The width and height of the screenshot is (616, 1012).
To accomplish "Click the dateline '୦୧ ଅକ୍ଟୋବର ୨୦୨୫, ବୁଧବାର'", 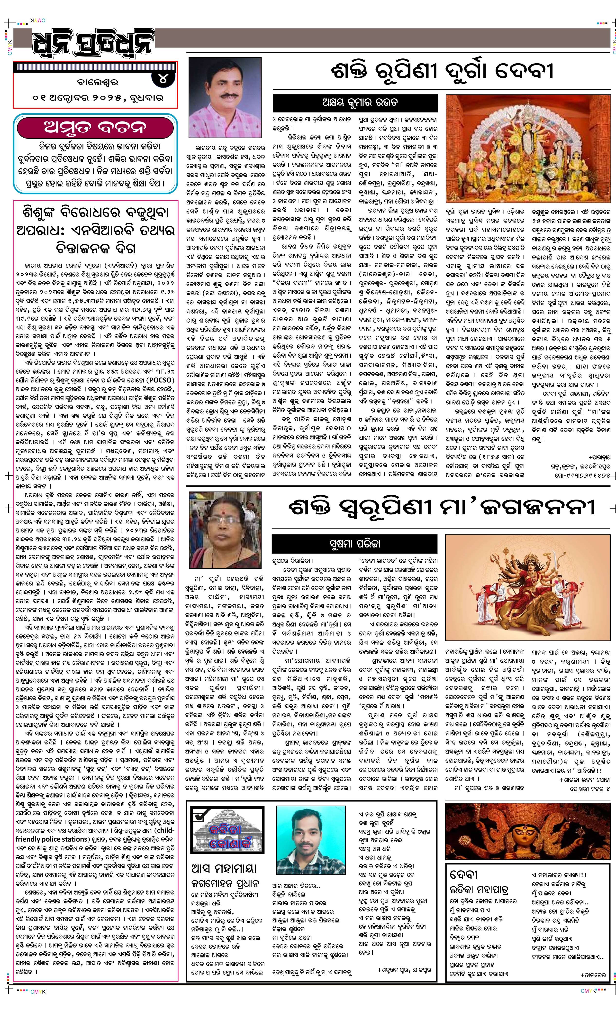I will (99, 98).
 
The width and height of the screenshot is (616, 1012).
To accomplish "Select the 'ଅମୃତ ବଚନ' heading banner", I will (95, 128).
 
